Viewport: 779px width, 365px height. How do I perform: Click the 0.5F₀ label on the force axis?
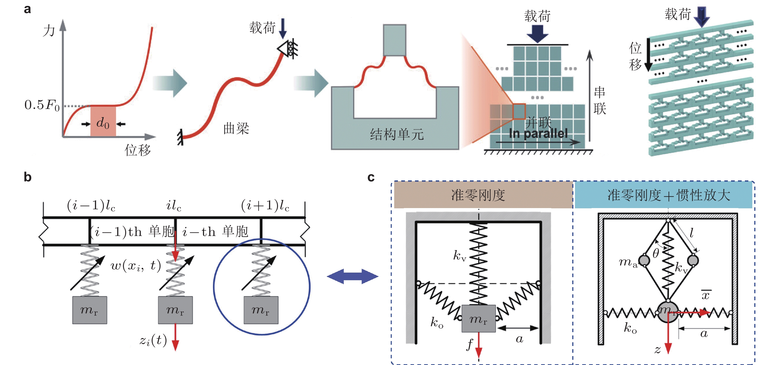(x=42, y=105)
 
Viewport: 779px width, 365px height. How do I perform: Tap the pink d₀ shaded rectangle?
(x=103, y=121)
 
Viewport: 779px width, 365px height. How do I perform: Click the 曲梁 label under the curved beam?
(x=236, y=129)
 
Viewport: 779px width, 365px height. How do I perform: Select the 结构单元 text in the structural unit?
(x=397, y=134)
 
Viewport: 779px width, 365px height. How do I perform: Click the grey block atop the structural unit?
(x=394, y=40)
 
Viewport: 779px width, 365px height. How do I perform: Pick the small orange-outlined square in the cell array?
(x=519, y=111)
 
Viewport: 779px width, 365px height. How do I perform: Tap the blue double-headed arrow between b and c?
(x=353, y=276)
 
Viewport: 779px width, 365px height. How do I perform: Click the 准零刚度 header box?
(x=483, y=195)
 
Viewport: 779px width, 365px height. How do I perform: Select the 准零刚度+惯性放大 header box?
(x=664, y=195)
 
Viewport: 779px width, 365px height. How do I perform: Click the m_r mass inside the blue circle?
(x=261, y=310)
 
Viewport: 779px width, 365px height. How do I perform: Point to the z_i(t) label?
(x=153, y=341)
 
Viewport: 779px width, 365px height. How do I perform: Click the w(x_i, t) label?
(x=136, y=266)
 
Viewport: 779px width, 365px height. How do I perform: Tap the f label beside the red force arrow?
(x=470, y=344)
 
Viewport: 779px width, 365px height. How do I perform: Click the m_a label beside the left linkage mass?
(x=628, y=262)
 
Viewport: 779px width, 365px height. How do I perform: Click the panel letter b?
(x=27, y=177)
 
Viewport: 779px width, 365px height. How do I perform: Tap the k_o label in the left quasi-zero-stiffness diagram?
(x=437, y=323)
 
